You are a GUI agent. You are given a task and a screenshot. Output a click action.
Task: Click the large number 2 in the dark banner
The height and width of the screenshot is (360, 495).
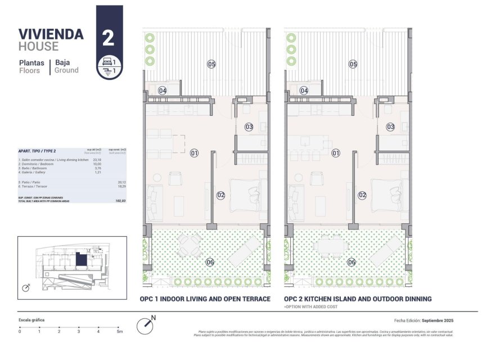click(x=109, y=38)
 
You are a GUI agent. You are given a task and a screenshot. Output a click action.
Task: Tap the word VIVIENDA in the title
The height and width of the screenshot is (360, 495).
click(x=51, y=34)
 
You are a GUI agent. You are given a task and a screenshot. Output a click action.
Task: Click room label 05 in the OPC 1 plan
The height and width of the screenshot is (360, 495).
click(x=211, y=64)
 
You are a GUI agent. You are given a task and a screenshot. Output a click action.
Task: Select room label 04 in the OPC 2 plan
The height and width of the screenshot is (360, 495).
click(x=304, y=90)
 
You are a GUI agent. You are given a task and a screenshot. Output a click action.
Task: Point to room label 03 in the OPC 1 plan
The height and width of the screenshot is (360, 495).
click(x=249, y=127)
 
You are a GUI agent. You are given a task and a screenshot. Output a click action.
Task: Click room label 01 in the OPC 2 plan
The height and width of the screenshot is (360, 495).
click(x=336, y=153)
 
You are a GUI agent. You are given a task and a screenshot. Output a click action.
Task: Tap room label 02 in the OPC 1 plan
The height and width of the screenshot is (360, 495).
click(x=220, y=195)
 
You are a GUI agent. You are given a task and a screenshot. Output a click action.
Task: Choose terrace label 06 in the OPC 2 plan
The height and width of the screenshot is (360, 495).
click(x=352, y=262)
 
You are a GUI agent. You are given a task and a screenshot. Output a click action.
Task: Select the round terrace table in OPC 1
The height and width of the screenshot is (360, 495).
click(x=189, y=245)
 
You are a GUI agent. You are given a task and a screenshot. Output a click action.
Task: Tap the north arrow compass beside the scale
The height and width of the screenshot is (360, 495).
click(x=146, y=325)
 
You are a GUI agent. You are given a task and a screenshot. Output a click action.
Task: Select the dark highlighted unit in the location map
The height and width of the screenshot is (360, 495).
click(x=82, y=260)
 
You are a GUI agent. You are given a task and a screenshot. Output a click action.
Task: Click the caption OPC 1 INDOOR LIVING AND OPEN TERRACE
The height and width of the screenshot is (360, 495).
click(x=205, y=299)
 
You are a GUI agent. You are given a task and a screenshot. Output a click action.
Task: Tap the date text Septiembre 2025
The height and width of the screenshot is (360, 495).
click(x=438, y=320)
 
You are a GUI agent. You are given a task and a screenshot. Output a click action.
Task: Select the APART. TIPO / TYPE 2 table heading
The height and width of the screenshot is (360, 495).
click(x=37, y=151)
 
